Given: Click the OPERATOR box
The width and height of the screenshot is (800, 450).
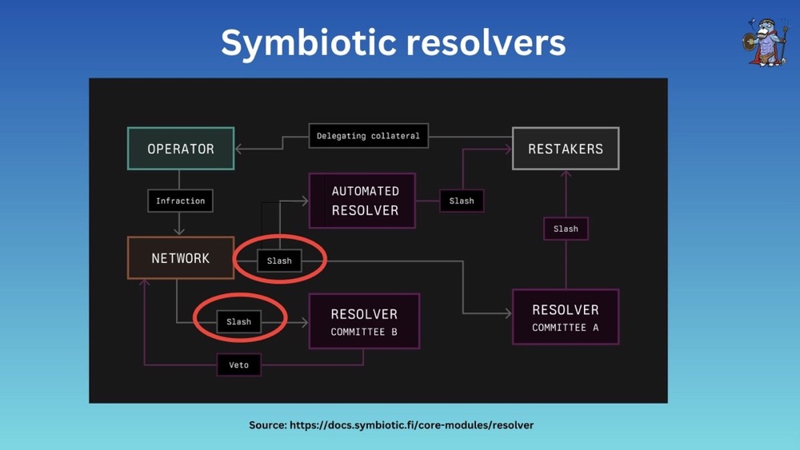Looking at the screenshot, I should (x=181, y=149).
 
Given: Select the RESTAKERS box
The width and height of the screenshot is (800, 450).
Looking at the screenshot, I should (x=565, y=149).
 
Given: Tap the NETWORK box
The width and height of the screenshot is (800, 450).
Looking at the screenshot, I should (x=181, y=258).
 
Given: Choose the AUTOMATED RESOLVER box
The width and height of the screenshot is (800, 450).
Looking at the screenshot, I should (x=364, y=201).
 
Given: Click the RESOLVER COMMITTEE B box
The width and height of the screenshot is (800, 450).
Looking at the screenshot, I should (x=364, y=321).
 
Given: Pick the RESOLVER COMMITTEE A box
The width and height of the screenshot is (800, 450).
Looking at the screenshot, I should (x=565, y=317).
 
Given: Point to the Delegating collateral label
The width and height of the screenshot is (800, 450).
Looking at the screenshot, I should (x=368, y=136).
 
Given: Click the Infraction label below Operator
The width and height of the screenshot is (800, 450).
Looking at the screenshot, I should (x=181, y=201).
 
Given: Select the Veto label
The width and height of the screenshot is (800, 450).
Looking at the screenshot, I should (x=238, y=365).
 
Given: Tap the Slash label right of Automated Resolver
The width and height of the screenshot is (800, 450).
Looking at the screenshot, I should (x=462, y=201).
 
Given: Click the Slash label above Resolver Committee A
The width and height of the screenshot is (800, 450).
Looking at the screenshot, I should (x=566, y=229).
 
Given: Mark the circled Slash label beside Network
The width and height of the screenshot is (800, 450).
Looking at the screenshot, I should (x=279, y=261).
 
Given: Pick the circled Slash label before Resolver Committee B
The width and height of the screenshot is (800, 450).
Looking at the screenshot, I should (x=238, y=321).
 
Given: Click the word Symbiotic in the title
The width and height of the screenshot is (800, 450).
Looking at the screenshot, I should (x=307, y=42).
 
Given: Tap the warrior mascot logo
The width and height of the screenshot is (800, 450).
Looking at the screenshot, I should (x=766, y=41).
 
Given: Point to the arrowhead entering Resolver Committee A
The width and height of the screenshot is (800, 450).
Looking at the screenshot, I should (x=509, y=314).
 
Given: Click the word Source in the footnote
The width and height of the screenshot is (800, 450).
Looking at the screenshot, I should (x=266, y=425).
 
